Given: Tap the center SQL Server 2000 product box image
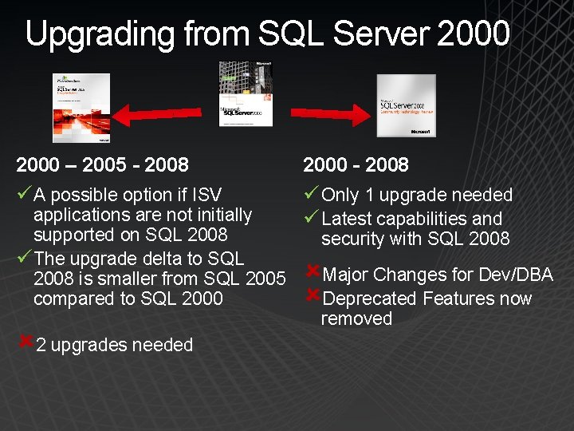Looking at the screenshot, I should [246, 93].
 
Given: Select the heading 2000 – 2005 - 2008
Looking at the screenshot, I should [103, 165].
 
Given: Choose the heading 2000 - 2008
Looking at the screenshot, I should [356, 165].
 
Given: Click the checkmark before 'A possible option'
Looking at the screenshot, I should [23, 194].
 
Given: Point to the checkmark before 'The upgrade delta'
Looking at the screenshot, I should [23, 258].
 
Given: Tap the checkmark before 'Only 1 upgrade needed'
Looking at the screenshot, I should [311, 194].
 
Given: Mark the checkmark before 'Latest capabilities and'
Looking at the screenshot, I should [311, 218].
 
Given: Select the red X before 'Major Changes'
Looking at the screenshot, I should [313, 272].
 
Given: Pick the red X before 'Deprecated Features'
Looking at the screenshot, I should [313, 296].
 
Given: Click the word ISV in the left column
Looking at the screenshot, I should [205, 195].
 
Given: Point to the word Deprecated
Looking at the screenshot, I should [370, 299].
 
